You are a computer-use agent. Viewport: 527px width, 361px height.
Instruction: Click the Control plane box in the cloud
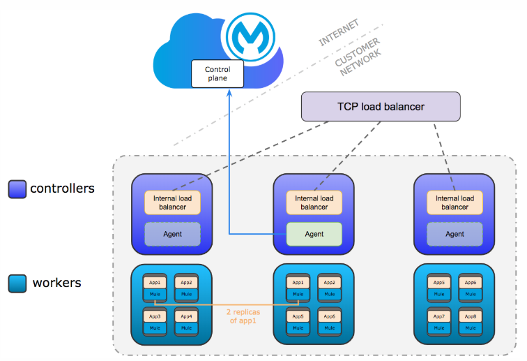tap(217, 73)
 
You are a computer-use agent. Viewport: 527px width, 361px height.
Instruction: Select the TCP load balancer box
tap(381, 107)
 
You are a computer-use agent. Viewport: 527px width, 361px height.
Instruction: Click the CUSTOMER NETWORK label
tap(358, 58)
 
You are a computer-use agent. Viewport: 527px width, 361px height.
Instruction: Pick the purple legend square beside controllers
tap(17, 189)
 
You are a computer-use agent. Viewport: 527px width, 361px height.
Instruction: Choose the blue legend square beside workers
tap(17, 283)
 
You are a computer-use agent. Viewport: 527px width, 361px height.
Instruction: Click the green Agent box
tap(314, 234)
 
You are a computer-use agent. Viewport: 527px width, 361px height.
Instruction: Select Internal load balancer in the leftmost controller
tap(172, 202)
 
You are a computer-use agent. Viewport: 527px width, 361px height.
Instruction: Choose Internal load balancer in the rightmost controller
tap(455, 202)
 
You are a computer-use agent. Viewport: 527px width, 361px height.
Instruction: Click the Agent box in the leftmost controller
tap(172, 234)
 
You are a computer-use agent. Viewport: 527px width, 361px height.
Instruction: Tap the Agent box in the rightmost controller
tap(455, 234)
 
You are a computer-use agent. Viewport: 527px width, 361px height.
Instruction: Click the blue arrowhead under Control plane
tap(229, 94)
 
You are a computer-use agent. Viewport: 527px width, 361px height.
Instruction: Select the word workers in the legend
tap(56, 283)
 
